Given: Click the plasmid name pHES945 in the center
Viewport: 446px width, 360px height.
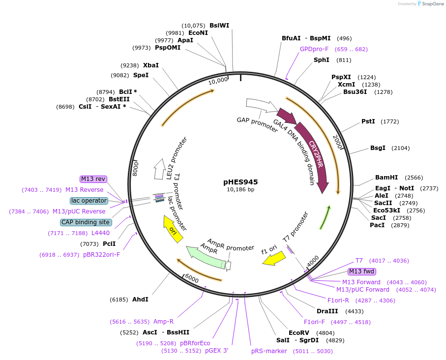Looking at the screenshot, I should [240, 182].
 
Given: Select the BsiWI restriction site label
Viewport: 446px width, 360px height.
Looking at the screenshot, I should [219, 26].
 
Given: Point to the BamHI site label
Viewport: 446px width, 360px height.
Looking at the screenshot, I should [387, 178].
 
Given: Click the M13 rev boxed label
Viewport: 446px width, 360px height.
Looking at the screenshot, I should [93, 180].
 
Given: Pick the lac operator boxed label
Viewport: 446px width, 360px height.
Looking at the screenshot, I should [89, 201].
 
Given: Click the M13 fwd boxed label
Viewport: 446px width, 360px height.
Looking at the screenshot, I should [361, 271].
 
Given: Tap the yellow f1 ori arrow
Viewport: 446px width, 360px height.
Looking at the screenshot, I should [274, 258].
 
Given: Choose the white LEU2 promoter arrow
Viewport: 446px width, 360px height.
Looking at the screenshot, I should [159, 169].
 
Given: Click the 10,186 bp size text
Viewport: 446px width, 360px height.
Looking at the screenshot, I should [240, 190].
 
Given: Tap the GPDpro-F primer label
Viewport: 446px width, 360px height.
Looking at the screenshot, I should [314, 49].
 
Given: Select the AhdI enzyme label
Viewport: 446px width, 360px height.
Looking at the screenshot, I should [140, 299].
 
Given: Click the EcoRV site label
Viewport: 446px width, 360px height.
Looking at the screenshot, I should [298, 333].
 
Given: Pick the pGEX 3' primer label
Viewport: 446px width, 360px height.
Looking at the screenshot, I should [216, 351].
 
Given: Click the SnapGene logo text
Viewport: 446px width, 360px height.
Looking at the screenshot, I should [431, 4].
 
